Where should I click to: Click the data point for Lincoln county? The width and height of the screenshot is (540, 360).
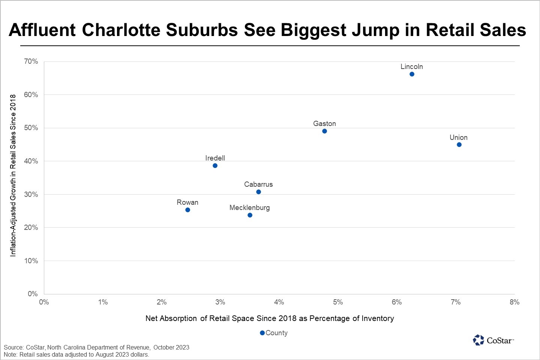coord(412,74)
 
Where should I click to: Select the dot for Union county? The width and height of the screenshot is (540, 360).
coord(459,145)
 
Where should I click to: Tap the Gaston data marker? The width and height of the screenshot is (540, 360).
coord(324,131)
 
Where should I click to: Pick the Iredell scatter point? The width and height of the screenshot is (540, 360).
coord(215,166)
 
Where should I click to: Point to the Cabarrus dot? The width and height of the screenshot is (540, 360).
coord(258,192)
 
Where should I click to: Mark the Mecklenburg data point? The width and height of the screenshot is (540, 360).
coord(250,215)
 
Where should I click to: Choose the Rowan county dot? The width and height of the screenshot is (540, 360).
coord(187,210)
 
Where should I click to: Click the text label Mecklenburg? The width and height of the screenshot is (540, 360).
coord(249,208)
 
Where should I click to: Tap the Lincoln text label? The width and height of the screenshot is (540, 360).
coord(411,67)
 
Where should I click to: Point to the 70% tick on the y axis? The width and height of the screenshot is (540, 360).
coord(31,61)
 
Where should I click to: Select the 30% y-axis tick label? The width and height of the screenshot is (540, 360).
coord(31,194)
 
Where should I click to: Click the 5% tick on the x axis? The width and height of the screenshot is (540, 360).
coord(338,302)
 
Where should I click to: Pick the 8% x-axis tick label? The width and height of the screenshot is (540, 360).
coord(514,302)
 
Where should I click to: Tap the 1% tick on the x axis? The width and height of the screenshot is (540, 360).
coord(103,302)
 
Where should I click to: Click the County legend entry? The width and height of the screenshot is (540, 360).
coord(274,333)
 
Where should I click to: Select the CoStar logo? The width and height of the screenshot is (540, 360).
coord(493,340)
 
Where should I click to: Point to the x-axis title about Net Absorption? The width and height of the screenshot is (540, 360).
coord(270,318)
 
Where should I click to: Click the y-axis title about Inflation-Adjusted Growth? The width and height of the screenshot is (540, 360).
coord(13,175)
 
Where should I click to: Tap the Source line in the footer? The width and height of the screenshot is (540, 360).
coord(96,347)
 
